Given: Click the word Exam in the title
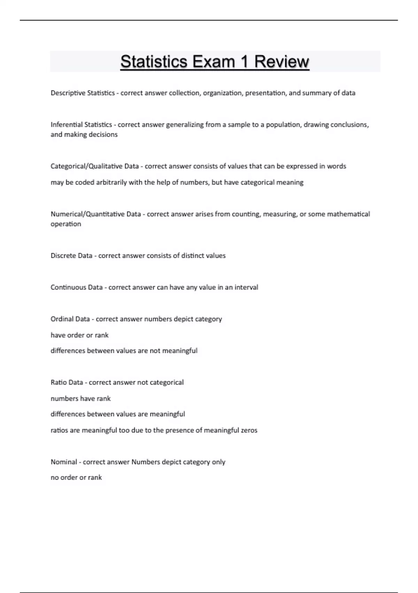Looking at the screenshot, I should tap(214, 62).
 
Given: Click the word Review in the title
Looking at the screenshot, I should tap(281, 62).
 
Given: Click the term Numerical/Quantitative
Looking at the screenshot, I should tap(87, 214).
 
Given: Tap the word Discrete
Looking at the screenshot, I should tap(63, 256).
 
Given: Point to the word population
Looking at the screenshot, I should tap(283, 125).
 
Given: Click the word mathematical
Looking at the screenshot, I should tap(348, 214).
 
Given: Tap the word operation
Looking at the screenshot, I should tap(66, 224).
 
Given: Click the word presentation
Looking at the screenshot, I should tap(266, 93).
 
